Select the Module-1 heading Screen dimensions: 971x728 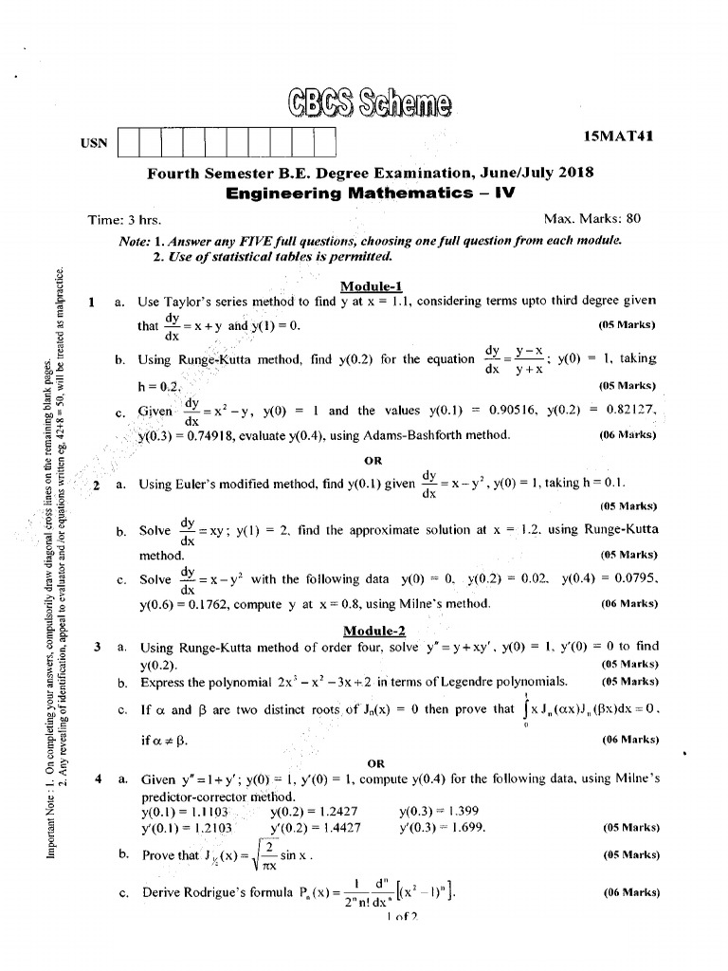pos(372,286)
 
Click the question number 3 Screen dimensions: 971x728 pos(98,648)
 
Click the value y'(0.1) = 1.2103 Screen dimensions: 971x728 pos(184,828)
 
